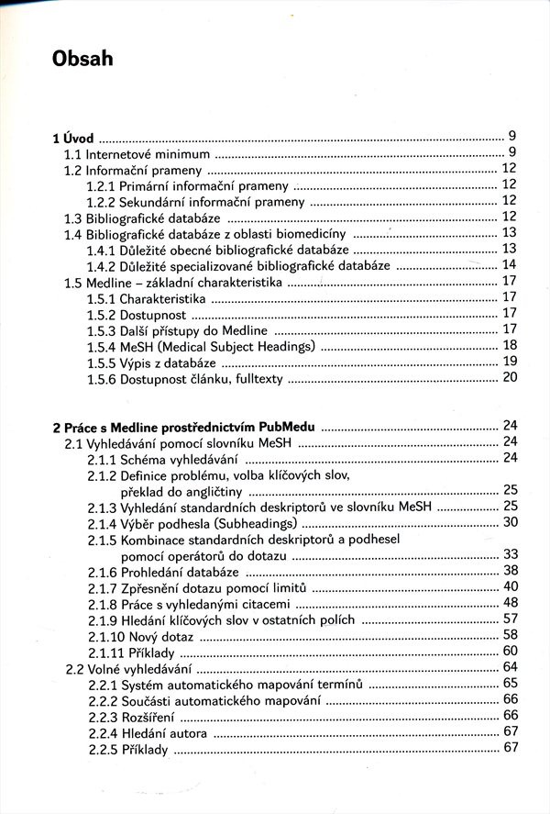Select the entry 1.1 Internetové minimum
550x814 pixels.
coord(137,153)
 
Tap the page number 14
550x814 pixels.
coord(511,265)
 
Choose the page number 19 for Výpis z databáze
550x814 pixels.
coord(511,362)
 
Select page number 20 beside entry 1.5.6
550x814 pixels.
coord(511,377)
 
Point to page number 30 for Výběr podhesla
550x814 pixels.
coord(511,522)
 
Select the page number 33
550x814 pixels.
coord(511,554)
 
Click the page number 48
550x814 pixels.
coord(511,602)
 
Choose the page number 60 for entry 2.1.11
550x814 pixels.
coord(511,651)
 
